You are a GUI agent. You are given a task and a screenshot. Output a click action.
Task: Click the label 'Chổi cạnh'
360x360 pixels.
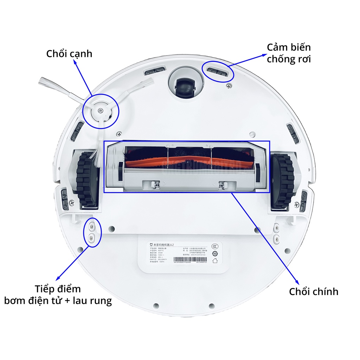click(x=69, y=54)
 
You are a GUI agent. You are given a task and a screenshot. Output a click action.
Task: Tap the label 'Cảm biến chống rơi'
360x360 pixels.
click(x=289, y=53)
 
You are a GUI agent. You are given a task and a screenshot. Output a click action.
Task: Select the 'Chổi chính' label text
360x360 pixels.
click(x=314, y=291)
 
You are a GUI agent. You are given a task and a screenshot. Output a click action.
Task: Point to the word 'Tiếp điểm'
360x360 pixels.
click(x=58, y=289)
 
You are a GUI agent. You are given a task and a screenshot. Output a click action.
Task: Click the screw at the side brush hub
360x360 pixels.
click(x=100, y=110)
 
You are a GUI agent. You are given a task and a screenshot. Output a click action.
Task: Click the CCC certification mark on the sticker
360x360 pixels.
click(x=215, y=245)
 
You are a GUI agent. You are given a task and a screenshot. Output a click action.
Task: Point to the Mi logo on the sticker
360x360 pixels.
click(x=152, y=244)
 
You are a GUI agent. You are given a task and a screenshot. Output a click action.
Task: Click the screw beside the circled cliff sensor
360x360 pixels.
click(x=229, y=85)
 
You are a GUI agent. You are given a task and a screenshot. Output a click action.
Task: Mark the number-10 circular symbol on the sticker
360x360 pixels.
click(x=215, y=253)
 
